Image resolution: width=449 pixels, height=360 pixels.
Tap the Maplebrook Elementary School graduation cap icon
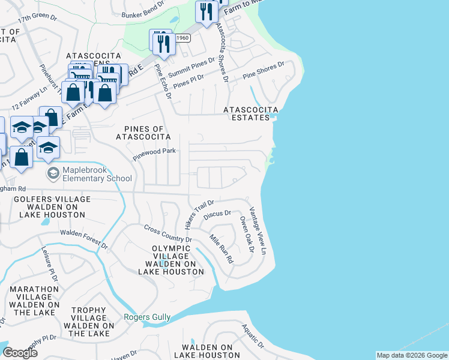[53, 173]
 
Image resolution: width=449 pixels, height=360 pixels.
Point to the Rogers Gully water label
[147, 317]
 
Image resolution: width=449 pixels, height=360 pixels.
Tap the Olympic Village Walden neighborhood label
[171, 260]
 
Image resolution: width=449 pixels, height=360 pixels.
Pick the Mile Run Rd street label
[220, 249]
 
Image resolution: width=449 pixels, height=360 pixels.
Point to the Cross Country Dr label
[168, 234]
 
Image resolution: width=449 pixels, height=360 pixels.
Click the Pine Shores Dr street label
[263, 71]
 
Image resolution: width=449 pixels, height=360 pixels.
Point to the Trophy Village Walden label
[89, 322]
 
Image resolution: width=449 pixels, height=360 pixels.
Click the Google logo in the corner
[20, 353]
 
